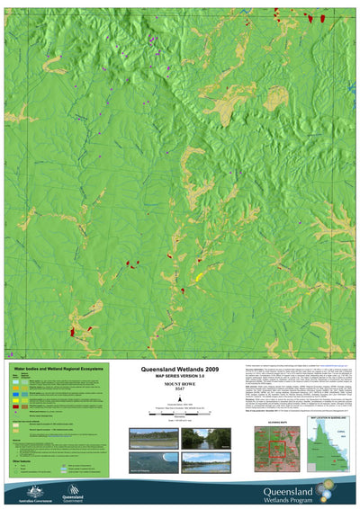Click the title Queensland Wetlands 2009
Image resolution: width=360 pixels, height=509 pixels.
(x=180, y=370)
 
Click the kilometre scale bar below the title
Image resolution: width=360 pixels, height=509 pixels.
(x=180, y=411)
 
